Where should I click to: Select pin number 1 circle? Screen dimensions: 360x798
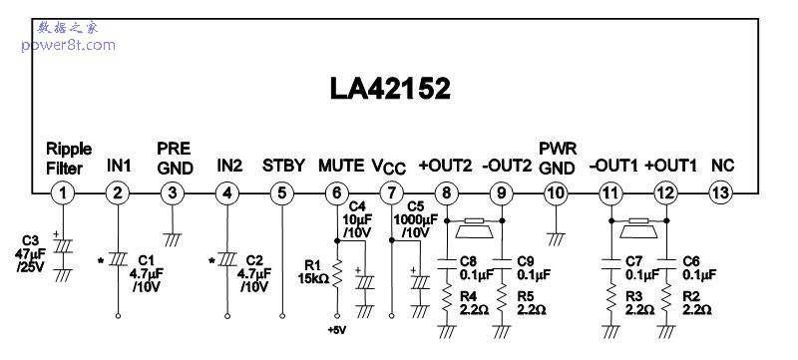pyautogui.click(x=64, y=192)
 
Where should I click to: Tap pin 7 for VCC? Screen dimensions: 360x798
pyautogui.click(x=392, y=192)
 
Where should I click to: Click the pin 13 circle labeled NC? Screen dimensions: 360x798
pyautogui.click(x=720, y=192)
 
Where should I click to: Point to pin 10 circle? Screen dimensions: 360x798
pyautogui.click(x=556, y=192)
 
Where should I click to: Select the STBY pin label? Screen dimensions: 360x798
pyautogui.click(x=282, y=165)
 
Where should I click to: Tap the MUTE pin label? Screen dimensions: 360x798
pyautogui.click(x=340, y=165)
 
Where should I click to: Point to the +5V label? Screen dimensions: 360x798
pyautogui.click(x=337, y=328)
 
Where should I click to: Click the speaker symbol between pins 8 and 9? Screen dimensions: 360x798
pyautogui.click(x=473, y=230)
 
